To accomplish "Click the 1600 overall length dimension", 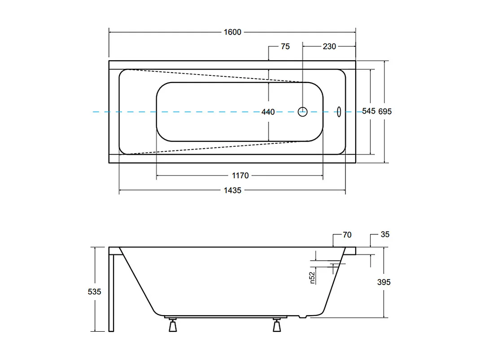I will [x=232, y=32].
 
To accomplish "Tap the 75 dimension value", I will [x=285, y=46].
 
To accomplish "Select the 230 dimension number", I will [x=329, y=46].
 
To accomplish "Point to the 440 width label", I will [x=268, y=112].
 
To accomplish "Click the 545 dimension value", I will [x=368, y=111].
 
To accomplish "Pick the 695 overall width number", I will [x=385, y=111].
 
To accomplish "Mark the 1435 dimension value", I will [x=232, y=190].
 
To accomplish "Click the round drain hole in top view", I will [x=303, y=112].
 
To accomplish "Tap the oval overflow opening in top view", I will [x=339, y=111].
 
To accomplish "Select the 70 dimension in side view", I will [x=347, y=235].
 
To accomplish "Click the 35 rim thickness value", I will [x=385, y=234].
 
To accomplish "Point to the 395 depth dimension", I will [x=384, y=282].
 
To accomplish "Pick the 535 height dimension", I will [x=94, y=291].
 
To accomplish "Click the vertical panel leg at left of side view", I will [x=111, y=292].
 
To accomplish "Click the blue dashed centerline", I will [x=202, y=112].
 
